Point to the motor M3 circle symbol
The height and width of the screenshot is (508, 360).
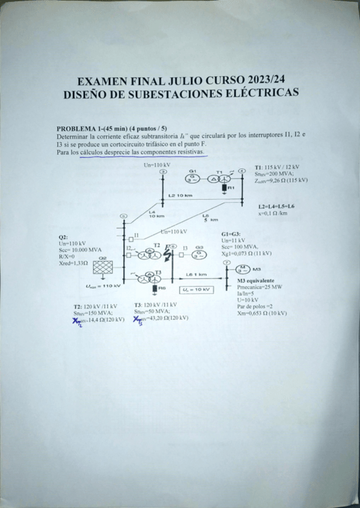click(243, 269)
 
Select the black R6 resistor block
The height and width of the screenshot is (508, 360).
click(154, 289)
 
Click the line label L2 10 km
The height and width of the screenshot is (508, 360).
click(180, 196)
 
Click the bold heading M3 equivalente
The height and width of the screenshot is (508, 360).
click(256, 280)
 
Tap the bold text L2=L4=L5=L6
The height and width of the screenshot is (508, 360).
click(276, 206)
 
